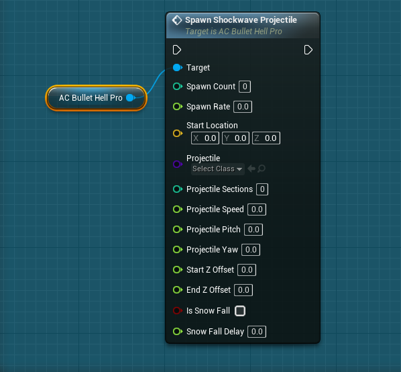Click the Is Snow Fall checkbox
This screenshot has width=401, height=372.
240,311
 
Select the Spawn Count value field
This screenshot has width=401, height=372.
245,87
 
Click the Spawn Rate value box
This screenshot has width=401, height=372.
243,107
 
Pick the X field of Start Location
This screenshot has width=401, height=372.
205,138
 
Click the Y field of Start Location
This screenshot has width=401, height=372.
235,138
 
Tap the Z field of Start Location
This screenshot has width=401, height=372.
266,138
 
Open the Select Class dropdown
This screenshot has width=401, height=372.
218,169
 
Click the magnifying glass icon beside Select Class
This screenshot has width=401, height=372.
262,169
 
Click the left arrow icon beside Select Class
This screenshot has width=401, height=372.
251,169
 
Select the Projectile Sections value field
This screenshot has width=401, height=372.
262,189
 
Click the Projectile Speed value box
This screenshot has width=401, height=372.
257,210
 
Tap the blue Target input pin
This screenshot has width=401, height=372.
178,68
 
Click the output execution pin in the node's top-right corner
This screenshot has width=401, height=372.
308,50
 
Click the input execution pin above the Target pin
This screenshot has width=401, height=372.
177,50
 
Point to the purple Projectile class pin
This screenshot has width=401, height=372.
178,164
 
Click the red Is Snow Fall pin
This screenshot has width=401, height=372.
178,310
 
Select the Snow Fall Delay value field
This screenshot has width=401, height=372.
257,332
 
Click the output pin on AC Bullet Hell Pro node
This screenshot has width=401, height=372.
131,97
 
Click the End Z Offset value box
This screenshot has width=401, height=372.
243,290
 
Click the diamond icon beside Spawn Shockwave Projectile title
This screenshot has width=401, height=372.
177,20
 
